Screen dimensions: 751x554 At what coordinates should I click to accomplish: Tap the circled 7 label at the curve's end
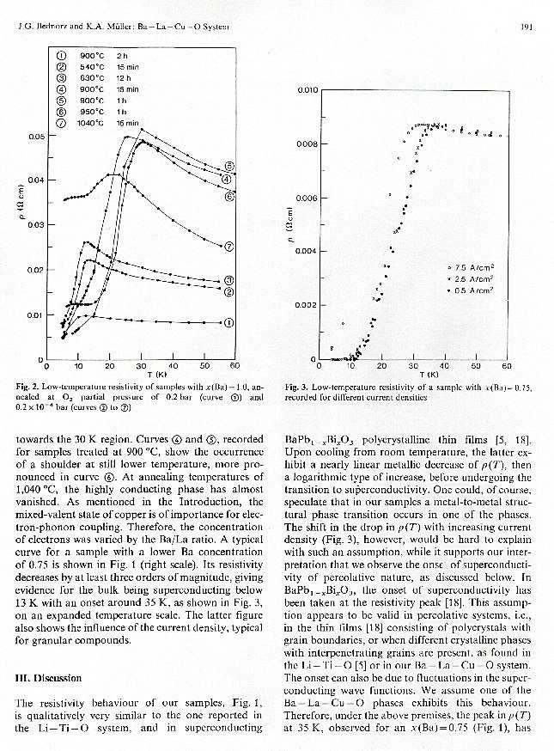[229, 247]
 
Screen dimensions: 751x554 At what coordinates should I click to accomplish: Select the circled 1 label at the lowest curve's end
[228, 323]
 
